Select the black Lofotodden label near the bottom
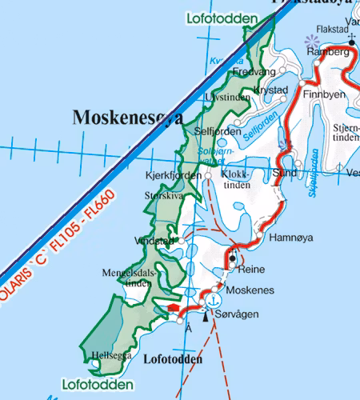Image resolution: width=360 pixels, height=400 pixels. point(172,360)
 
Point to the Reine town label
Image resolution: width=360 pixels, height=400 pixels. point(251,270)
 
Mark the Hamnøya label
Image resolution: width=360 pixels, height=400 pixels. point(292,238)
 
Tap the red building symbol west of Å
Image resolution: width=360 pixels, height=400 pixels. point(173,307)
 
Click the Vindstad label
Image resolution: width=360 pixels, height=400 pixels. point(154,240)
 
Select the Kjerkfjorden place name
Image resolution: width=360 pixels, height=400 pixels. point(174,175)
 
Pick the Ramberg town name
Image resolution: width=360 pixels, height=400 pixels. point(329,52)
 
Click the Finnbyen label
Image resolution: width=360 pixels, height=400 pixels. point(324,94)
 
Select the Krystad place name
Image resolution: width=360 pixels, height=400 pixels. point(270,90)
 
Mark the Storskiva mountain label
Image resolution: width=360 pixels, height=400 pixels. point(163,194)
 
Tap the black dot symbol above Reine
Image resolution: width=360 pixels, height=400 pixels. point(232,258)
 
